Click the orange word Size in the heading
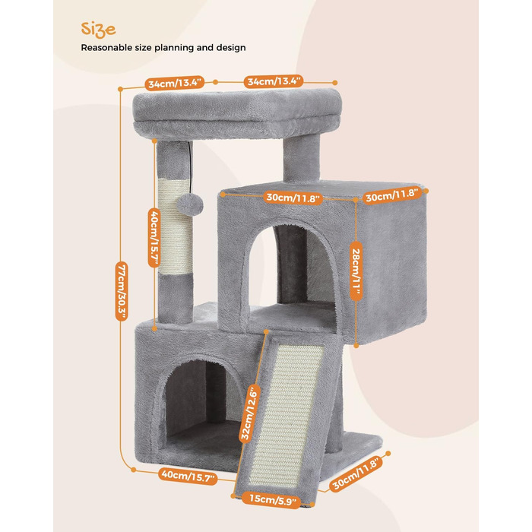pyautogui.click(x=98, y=30)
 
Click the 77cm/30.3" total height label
pyautogui.click(x=122, y=290)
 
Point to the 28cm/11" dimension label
pyautogui.click(x=356, y=271)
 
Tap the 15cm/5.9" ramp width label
pyautogui.click(x=272, y=500)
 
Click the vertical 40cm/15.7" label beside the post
pyautogui.click(x=154, y=237)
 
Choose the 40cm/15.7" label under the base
pyautogui.click(x=188, y=476)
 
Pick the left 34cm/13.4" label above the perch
pyautogui.click(x=175, y=83)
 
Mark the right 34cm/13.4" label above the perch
pyautogui.click(x=274, y=81)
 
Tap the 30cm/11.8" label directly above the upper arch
pyautogui.click(x=293, y=197)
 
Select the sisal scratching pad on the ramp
pyautogui.click(x=287, y=415)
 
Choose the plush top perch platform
pyautogui.click(x=237, y=114)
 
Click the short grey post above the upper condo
pyautogui.click(x=301, y=159)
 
